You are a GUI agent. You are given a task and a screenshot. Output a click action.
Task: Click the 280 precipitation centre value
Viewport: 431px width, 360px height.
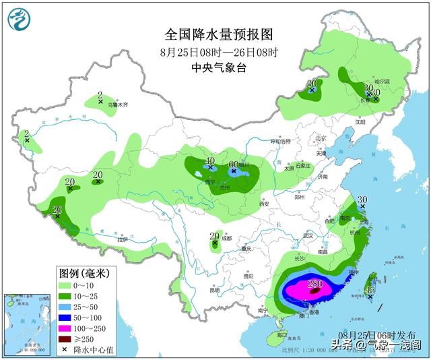coord(315,284)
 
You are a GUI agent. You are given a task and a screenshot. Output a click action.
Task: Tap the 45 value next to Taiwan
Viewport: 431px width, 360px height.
coord(370,291)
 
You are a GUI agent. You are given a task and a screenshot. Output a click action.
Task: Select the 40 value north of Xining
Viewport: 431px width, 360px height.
coord(210,161)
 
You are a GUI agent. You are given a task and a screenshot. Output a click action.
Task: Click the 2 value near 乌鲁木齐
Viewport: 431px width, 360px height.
coord(100,95)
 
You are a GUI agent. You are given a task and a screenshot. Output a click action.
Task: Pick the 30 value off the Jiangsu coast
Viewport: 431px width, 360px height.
coord(362,200)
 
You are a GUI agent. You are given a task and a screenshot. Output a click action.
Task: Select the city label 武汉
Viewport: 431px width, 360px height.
coord(308,235)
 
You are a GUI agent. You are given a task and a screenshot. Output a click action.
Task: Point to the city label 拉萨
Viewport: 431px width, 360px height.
coord(122,239)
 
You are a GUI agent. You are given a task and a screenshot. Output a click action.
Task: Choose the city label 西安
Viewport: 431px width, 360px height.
coord(263,204)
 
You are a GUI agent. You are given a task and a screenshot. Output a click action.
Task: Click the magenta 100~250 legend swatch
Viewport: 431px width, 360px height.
coord(67,328)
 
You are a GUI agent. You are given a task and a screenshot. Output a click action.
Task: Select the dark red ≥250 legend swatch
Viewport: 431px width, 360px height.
coord(67,339)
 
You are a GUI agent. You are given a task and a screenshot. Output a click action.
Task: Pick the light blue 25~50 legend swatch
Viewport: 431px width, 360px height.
coord(67,307)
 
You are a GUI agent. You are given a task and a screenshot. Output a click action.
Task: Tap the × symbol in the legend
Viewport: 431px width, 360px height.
coord(67,350)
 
